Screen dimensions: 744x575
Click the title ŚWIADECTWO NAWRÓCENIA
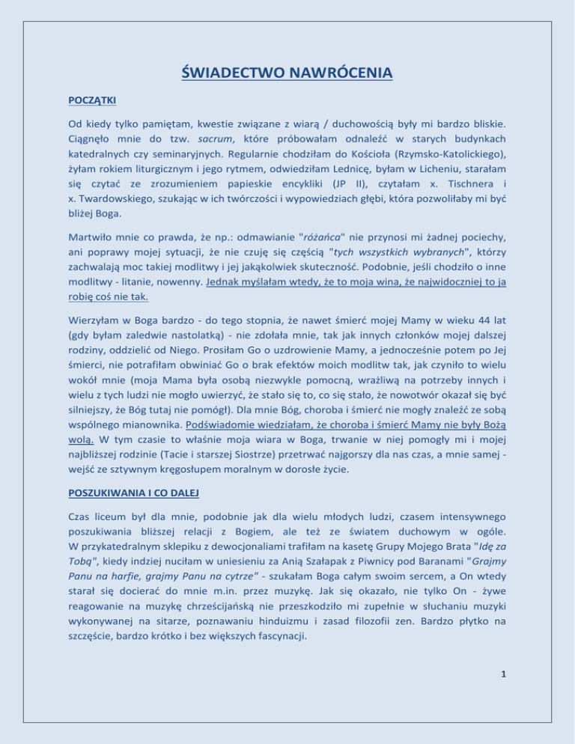click(287, 73)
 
